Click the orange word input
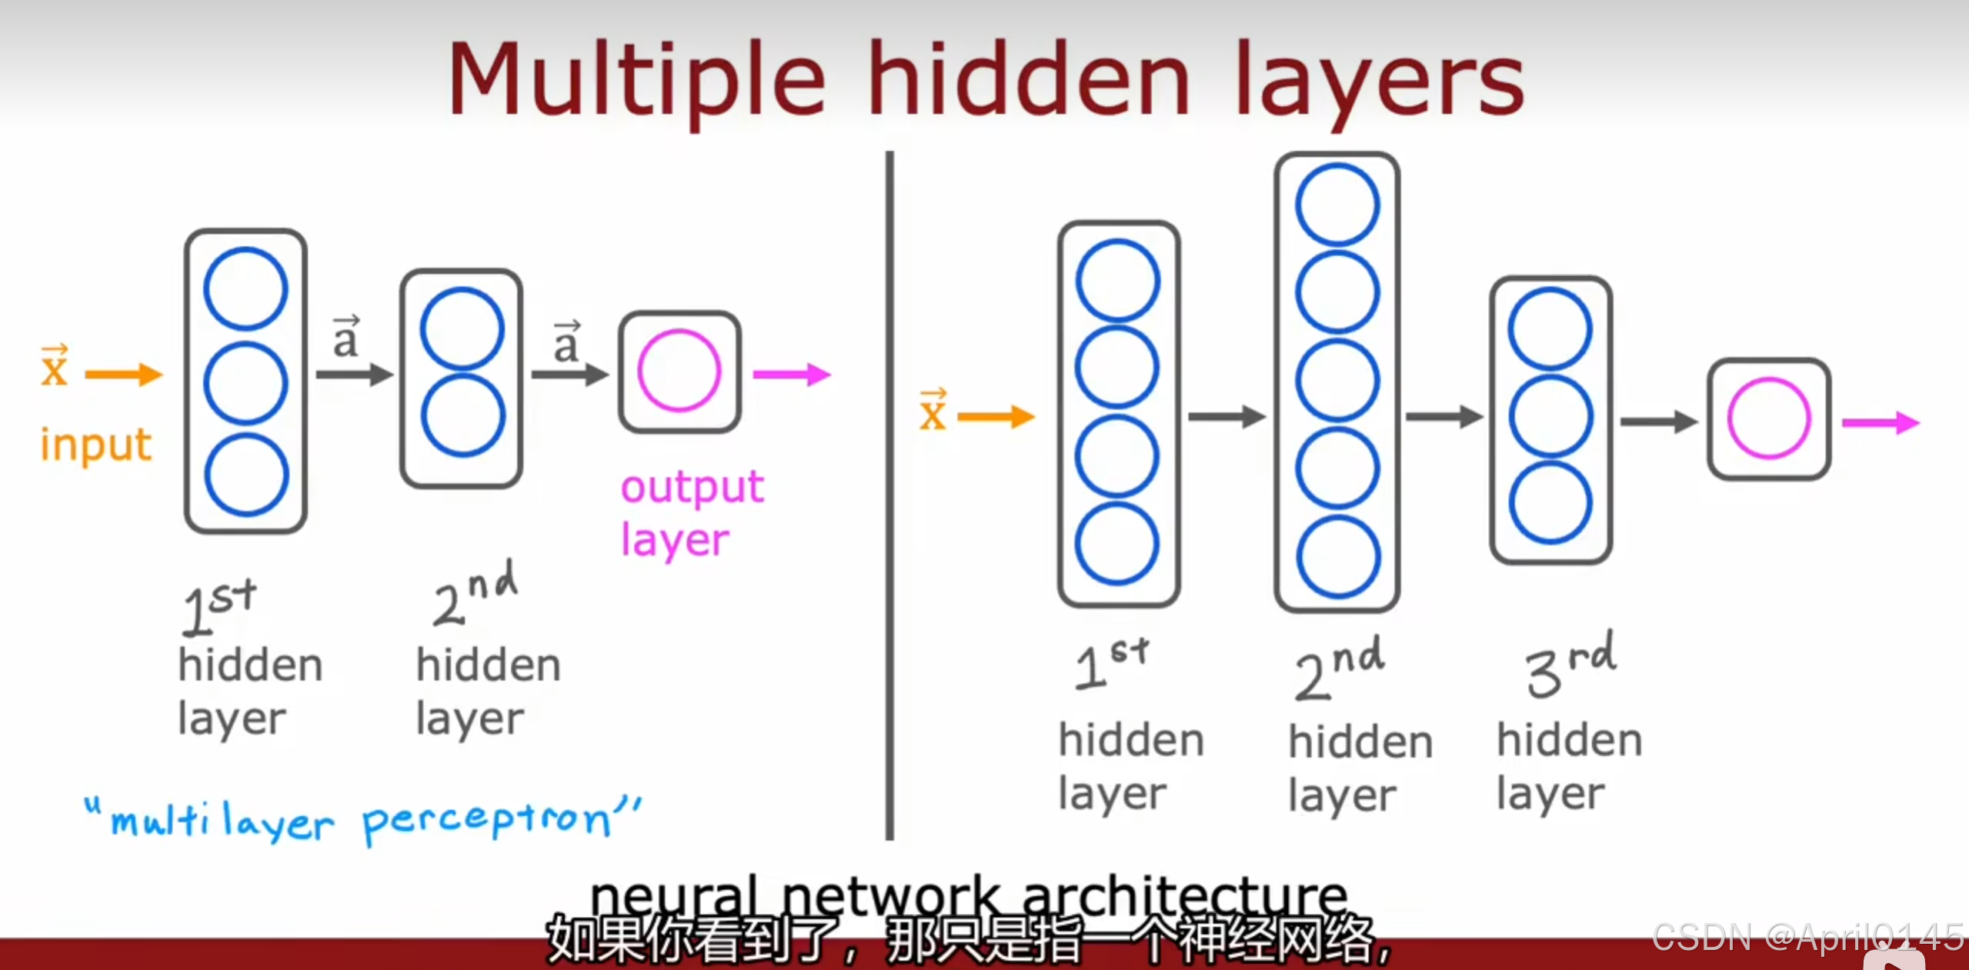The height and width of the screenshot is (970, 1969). (96, 445)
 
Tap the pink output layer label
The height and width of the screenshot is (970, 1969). (691, 513)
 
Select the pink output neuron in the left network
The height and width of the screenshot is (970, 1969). (679, 371)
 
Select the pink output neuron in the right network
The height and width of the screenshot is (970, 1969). (1768, 418)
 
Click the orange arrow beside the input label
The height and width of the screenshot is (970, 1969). (123, 375)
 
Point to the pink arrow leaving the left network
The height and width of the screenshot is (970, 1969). (791, 375)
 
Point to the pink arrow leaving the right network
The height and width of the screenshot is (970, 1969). (1880, 422)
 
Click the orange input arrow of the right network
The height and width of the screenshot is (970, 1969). (996, 417)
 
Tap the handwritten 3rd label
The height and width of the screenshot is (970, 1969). (1570, 664)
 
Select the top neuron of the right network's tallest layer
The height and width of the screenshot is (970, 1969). (1337, 205)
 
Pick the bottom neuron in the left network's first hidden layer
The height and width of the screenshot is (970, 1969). (246, 475)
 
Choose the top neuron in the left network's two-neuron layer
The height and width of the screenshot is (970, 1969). (462, 329)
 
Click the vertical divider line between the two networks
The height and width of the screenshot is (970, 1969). (889, 492)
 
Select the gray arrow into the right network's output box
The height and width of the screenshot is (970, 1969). (1658, 421)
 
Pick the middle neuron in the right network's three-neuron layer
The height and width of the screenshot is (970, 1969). (1550, 416)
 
